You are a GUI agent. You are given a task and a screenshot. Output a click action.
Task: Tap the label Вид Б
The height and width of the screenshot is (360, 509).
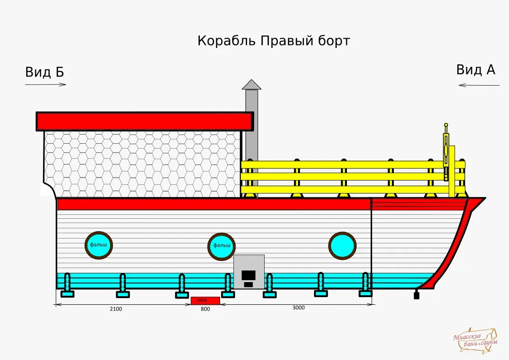[x=45, y=72]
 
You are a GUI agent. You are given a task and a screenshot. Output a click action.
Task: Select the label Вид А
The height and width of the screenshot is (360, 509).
[x=476, y=70]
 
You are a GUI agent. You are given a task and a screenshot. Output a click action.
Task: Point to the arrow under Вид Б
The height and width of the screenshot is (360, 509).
[x=45, y=85]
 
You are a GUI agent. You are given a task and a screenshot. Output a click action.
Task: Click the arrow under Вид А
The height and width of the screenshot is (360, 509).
[x=479, y=85]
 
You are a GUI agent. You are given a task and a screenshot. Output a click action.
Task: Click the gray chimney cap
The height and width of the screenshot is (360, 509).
[x=252, y=84]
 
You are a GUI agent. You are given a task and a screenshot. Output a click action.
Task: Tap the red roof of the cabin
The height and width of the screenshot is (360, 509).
[x=145, y=121]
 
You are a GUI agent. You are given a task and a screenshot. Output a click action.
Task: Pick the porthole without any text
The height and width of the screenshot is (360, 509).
[x=342, y=246]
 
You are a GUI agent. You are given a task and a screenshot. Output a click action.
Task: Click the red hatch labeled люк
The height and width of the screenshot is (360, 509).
[x=205, y=300]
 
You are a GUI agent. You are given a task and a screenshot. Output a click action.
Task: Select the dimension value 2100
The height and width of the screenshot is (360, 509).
[x=116, y=309]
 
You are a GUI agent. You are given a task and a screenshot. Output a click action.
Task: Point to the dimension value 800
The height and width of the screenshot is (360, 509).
[x=205, y=309]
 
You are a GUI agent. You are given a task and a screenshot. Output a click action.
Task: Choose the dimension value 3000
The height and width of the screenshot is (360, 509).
[x=299, y=308]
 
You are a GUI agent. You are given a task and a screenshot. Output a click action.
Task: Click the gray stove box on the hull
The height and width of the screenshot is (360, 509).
[x=249, y=272]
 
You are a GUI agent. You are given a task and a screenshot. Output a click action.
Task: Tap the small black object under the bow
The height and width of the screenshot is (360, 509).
[x=417, y=295]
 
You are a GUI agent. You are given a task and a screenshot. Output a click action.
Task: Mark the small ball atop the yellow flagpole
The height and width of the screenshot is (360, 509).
[x=446, y=125]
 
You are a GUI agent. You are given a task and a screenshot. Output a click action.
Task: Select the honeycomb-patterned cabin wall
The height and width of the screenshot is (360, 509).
[x=143, y=164]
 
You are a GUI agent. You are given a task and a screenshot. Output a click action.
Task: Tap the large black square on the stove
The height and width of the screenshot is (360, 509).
[x=248, y=275]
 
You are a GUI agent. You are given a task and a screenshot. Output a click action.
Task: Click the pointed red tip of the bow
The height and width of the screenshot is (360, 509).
[x=484, y=198]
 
